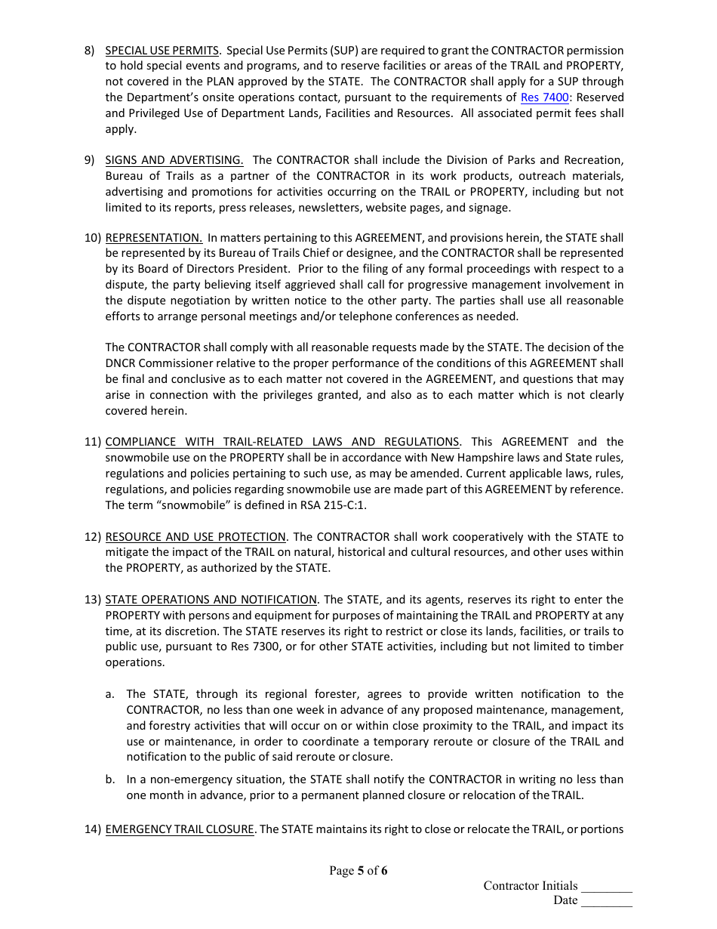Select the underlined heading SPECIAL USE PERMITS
[x=162, y=51]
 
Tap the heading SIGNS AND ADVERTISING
[x=174, y=160]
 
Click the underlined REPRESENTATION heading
[x=153, y=238]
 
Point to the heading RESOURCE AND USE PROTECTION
[x=195, y=537]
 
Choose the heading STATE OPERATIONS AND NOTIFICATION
[x=211, y=600]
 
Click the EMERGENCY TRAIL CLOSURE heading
[x=180, y=829]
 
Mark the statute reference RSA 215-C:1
[x=332, y=505]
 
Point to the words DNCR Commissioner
[x=154, y=363]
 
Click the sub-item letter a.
[x=109, y=694]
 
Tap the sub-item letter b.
[x=109, y=779]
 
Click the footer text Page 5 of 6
[x=358, y=871]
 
